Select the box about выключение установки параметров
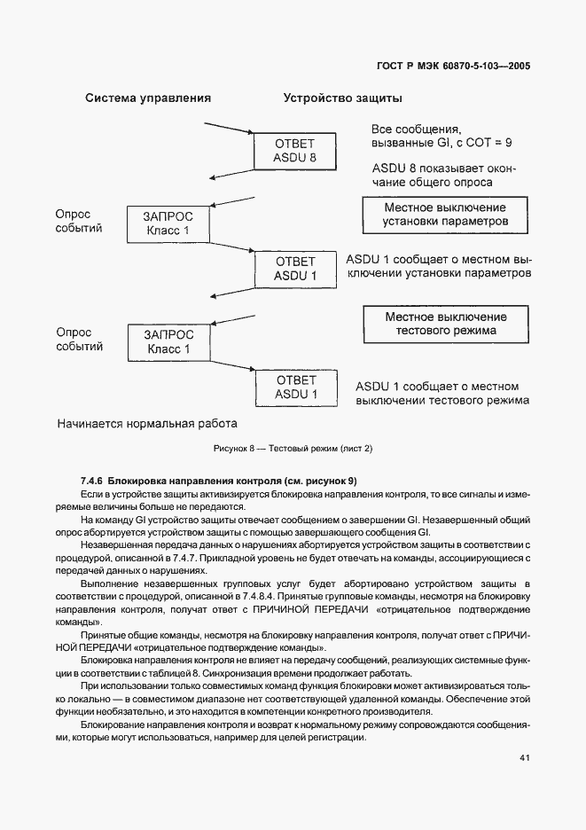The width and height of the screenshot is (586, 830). (x=445, y=214)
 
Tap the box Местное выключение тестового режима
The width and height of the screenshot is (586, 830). (x=445, y=324)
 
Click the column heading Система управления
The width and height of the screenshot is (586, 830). (x=147, y=98)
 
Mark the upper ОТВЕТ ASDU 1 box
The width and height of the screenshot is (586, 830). (x=294, y=269)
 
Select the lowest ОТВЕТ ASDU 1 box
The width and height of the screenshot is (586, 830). (x=294, y=387)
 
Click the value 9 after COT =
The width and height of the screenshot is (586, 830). (x=508, y=142)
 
